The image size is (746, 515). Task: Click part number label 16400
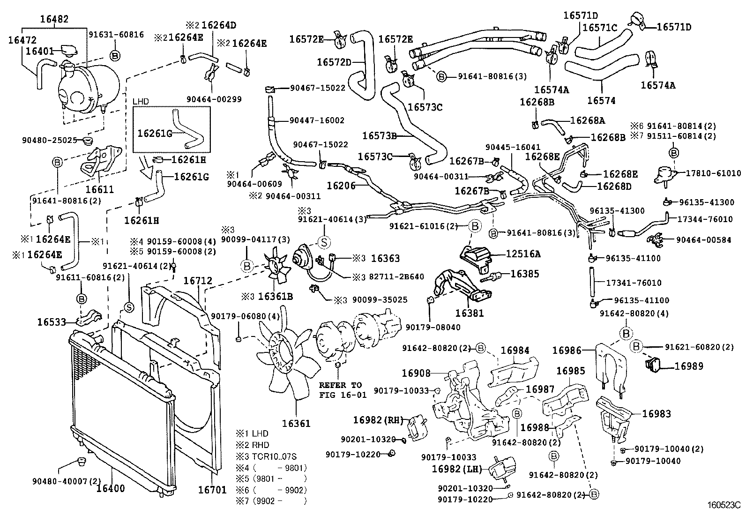(x=111, y=488)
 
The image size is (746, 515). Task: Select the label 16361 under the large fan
(x=296, y=423)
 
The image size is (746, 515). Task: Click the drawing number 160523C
(x=724, y=506)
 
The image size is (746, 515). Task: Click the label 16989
(x=689, y=366)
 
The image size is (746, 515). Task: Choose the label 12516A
(x=523, y=254)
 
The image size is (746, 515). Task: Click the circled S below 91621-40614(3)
(x=324, y=242)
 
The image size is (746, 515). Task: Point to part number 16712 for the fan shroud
(x=197, y=280)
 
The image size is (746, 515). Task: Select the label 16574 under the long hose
(x=601, y=100)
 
